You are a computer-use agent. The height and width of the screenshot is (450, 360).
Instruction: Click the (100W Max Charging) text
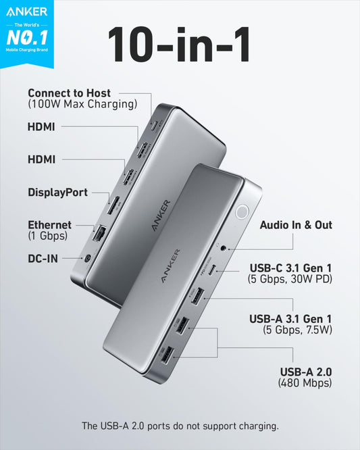coord(82,104)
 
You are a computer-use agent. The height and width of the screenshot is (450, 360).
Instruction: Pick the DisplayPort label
coord(57,193)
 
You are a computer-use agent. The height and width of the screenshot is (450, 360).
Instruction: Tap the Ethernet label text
coord(49,224)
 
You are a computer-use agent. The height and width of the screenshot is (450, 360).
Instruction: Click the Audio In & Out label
coord(296,225)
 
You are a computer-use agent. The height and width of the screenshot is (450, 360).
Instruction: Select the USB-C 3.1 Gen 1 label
coord(290,266)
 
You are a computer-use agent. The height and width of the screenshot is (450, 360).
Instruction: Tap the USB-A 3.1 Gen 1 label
coord(290,318)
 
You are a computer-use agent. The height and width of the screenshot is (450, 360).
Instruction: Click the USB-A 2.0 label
coord(305,372)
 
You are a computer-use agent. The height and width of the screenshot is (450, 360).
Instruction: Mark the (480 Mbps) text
coord(305,383)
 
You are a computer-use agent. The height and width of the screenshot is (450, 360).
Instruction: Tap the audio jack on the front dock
coord(223,249)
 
